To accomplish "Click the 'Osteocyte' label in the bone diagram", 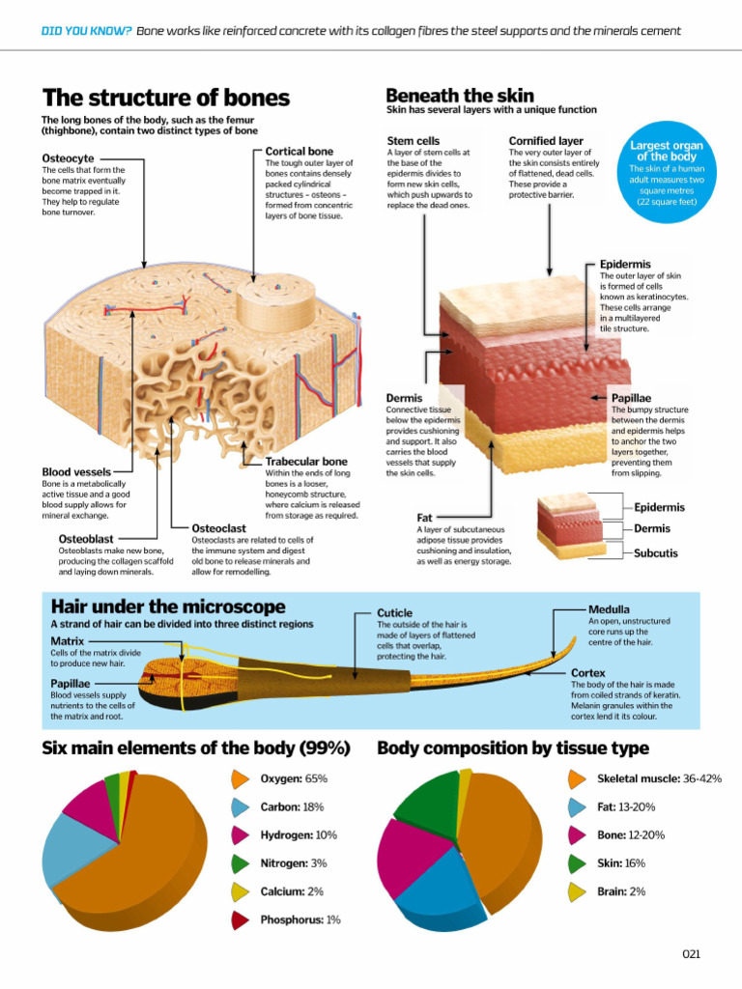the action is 69,158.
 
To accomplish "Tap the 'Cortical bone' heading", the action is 300,152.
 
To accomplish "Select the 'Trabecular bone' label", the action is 306,462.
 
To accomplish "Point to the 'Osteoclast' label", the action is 219,528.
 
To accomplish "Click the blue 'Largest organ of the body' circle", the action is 667,172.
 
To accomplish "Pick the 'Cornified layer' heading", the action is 546,141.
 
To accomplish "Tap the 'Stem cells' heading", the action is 414,141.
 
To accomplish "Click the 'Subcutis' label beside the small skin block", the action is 656,553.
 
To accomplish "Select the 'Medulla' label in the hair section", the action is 609,609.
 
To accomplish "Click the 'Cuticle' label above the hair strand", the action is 394,613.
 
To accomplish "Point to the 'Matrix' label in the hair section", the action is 67,641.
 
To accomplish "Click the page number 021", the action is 692,954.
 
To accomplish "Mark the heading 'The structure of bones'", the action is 166,98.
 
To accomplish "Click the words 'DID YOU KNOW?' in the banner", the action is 86,31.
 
